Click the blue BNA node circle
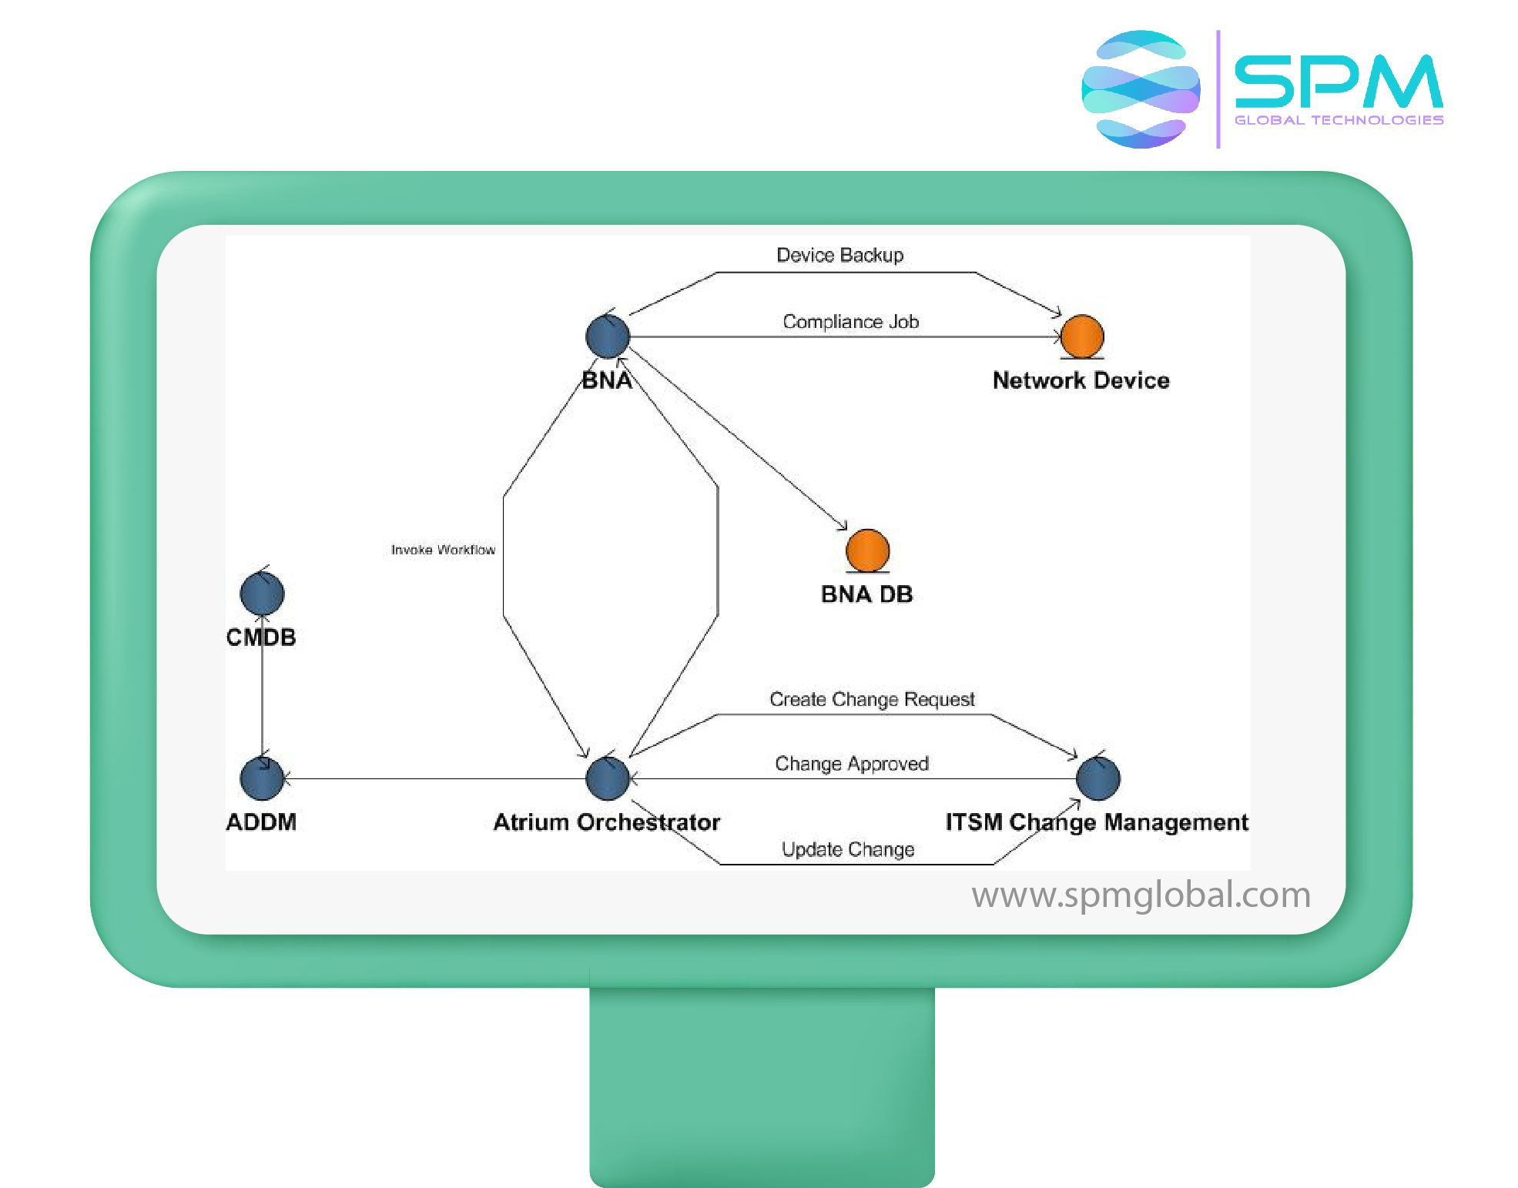click(608, 336)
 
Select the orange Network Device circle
click(1082, 336)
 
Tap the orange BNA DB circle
click(868, 550)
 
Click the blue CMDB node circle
click(262, 594)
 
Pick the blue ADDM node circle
click(262, 778)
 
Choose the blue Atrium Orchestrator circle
click(608, 778)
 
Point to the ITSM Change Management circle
click(1098, 778)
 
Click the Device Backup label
click(839, 255)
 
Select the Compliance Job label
click(850, 322)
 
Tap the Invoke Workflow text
click(443, 550)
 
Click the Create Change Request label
click(872, 699)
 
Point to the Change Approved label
click(852, 764)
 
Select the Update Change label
click(848, 849)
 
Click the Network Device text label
click(1081, 380)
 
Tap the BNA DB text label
click(866, 594)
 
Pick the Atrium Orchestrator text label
click(606, 822)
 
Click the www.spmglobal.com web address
click(1141, 895)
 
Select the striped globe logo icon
click(1141, 89)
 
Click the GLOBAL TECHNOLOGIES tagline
click(1339, 120)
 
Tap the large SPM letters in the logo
click(1339, 81)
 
